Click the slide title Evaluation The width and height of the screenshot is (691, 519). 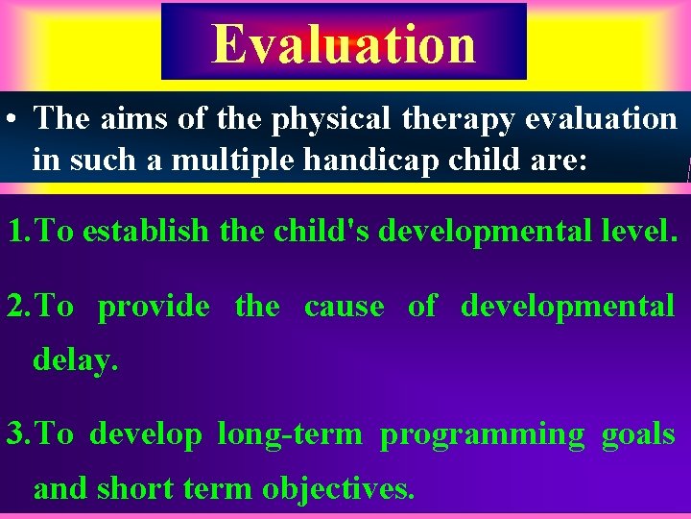click(344, 44)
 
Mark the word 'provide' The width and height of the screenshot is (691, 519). click(154, 308)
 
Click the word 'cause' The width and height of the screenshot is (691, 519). click(344, 307)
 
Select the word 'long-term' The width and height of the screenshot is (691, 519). click(290, 435)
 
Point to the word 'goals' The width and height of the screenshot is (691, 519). click(637, 435)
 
